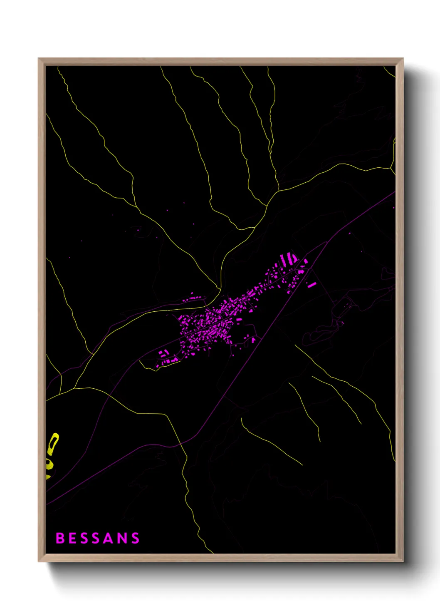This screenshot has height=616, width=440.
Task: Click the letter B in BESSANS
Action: pos(60,538)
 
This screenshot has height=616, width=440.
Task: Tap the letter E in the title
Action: pos(72,538)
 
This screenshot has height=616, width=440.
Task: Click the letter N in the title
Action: pos(122,538)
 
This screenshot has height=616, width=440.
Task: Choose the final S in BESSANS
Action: pos(135,538)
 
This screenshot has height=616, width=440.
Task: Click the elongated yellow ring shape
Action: pos(53,444)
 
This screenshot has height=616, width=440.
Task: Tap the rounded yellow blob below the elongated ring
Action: pos(49,464)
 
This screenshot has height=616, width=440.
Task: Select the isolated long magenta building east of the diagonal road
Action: pos(312,285)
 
